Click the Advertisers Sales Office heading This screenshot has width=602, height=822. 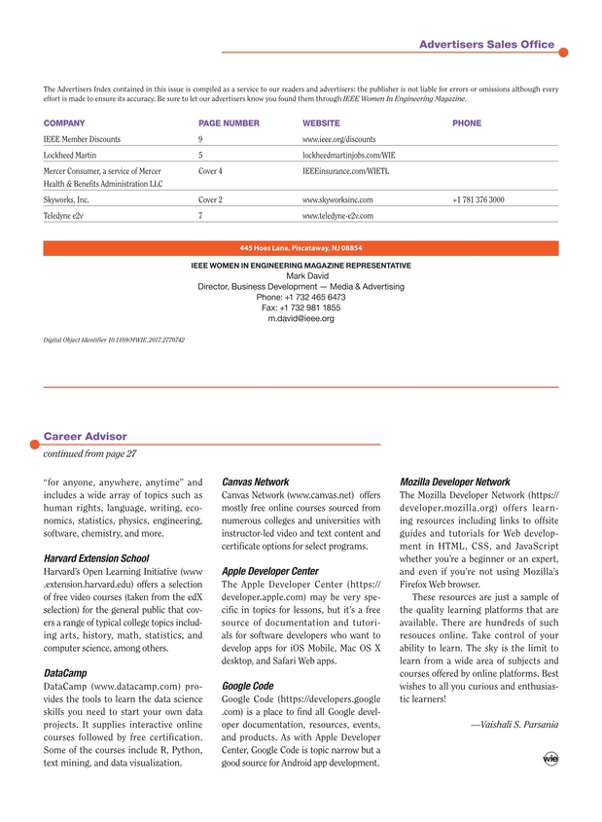coord(486,45)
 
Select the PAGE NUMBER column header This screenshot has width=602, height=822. coord(229,124)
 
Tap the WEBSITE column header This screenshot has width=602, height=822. coord(321,124)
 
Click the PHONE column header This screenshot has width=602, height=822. coord(467,124)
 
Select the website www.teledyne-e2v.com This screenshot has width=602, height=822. coord(337,215)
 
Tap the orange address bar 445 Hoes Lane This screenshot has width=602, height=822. coord(301,248)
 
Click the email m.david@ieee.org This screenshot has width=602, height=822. coord(301,318)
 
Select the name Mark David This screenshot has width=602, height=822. coord(301,275)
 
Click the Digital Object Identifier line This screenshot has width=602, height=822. coord(115,340)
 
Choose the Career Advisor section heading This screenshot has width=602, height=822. coord(86,436)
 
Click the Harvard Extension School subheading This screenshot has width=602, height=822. coord(96,558)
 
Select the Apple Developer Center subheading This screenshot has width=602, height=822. coord(270,571)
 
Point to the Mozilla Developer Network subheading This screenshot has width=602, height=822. coord(455,482)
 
